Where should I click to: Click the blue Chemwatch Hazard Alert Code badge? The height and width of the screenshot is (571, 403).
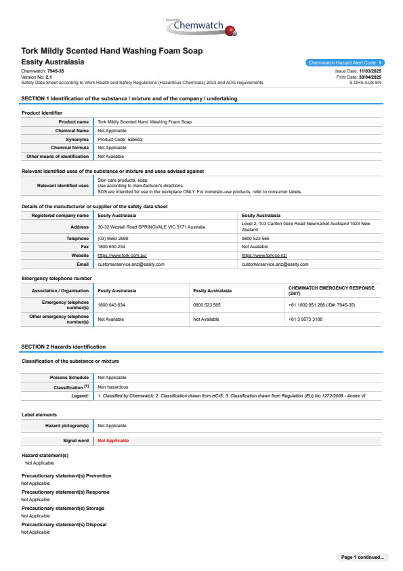pos(345,62)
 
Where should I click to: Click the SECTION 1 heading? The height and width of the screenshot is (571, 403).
pos(129,99)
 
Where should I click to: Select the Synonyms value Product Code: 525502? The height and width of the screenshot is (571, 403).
pos(120,139)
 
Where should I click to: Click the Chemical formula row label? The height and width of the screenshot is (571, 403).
pos(70,147)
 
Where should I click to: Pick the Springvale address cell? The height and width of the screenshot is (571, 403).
pos(151,227)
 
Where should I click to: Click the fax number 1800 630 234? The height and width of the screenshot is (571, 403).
pos(111,247)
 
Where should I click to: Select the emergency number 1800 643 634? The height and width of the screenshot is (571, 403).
pos(111,305)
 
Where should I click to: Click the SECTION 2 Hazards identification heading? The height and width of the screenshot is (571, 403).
pos(63,347)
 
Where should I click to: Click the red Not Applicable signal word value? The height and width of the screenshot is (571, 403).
pos(113,441)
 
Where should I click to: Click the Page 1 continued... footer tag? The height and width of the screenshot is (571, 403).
pos(362,557)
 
